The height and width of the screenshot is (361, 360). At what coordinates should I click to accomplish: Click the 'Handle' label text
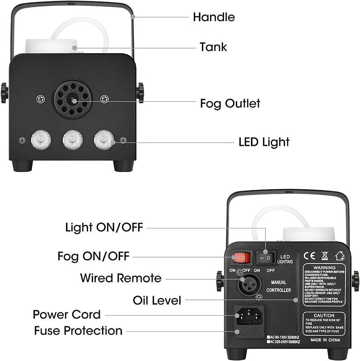pyautogui.click(x=214, y=18)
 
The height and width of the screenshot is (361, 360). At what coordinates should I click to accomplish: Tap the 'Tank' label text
pyautogui.click(x=213, y=47)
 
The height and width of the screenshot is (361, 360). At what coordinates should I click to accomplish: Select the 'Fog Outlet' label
pyautogui.click(x=230, y=103)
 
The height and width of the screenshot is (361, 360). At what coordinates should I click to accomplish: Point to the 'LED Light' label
pyautogui.click(x=264, y=142)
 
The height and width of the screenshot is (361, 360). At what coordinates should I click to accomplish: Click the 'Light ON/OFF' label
pyautogui.click(x=104, y=227)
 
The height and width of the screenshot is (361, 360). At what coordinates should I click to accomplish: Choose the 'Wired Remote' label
pyautogui.click(x=121, y=278)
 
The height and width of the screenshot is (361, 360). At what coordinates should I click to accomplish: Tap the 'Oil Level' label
pyautogui.click(x=157, y=300)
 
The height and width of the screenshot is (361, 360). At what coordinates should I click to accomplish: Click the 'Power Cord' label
pyautogui.click(x=67, y=315)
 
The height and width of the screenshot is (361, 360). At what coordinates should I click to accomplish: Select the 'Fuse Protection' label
pyautogui.click(x=78, y=331)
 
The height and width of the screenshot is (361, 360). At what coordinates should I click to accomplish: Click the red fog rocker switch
pyautogui.click(x=241, y=258)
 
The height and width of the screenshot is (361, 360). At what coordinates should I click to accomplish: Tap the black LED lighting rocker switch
pyautogui.click(x=266, y=258)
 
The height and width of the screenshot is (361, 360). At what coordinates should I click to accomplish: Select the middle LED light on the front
pyautogui.click(x=72, y=140)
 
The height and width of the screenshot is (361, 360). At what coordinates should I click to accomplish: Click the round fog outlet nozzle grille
pyautogui.click(x=72, y=98)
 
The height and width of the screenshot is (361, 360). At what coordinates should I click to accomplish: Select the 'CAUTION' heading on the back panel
pyautogui.click(x=324, y=315)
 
